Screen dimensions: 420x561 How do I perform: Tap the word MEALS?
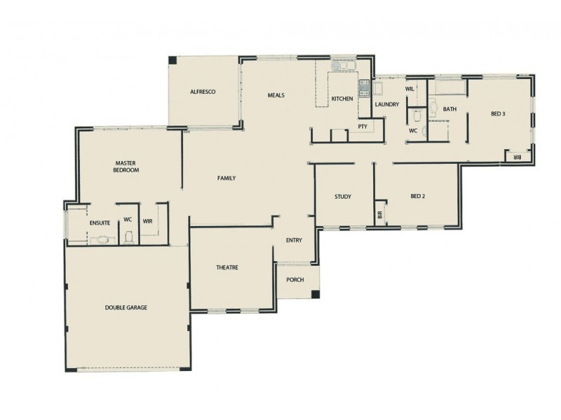pyautogui.click(x=276, y=95)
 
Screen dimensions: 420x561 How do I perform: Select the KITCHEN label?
pyautogui.click(x=342, y=99)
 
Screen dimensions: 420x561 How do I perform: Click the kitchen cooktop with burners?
pyautogui.click(x=365, y=87)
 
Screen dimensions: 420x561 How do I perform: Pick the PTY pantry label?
pyautogui.click(x=363, y=127)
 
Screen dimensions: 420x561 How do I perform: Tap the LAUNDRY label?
pyautogui.click(x=386, y=105)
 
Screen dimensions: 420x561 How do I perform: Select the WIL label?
pyautogui.click(x=410, y=89)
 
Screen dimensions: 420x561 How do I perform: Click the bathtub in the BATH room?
pyautogui.click(x=448, y=87)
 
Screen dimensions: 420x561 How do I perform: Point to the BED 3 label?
pyautogui.click(x=498, y=113)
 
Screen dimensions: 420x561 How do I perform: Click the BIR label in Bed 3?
pyautogui.click(x=518, y=157)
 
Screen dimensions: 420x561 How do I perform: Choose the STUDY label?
pyautogui.click(x=342, y=197)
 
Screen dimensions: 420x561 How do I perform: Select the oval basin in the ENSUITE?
pyautogui.click(x=100, y=239)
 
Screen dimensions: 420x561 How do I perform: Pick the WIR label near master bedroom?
pyautogui.click(x=147, y=221)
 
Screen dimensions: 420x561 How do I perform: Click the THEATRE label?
pyautogui.click(x=228, y=268)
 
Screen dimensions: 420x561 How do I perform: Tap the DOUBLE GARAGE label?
pyautogui.click(x=126, y=307)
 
